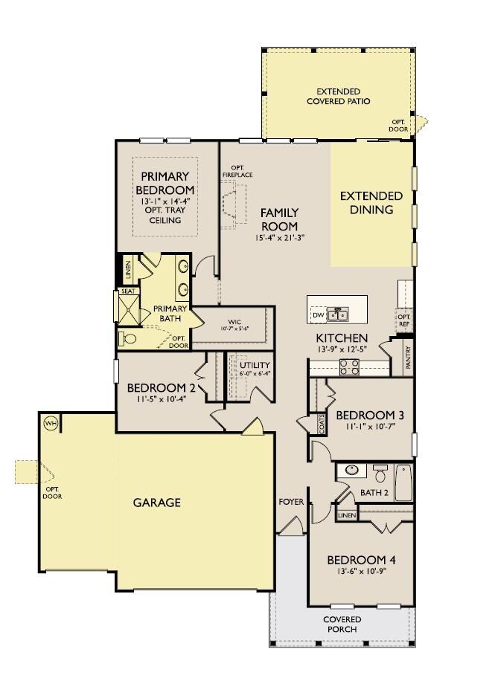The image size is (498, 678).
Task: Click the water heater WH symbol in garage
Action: (51, 423)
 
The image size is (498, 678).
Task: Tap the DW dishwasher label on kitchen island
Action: (319, 315)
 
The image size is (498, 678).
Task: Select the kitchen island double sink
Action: (339, 315)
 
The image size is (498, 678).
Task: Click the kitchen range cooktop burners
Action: (350, 367)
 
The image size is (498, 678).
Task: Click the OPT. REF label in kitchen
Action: (404, 321)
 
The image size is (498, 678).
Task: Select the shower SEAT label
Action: (127, 291)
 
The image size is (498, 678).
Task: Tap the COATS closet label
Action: (322, 424)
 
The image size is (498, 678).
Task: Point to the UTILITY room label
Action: (254, 366)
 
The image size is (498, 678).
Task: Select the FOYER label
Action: (291, 502)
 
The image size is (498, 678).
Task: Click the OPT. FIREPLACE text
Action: (237, 171)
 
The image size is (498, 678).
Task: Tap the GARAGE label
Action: (156, 503)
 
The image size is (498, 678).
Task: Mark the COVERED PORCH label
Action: (342, 624)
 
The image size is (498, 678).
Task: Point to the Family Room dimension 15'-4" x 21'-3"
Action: (279, 238)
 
